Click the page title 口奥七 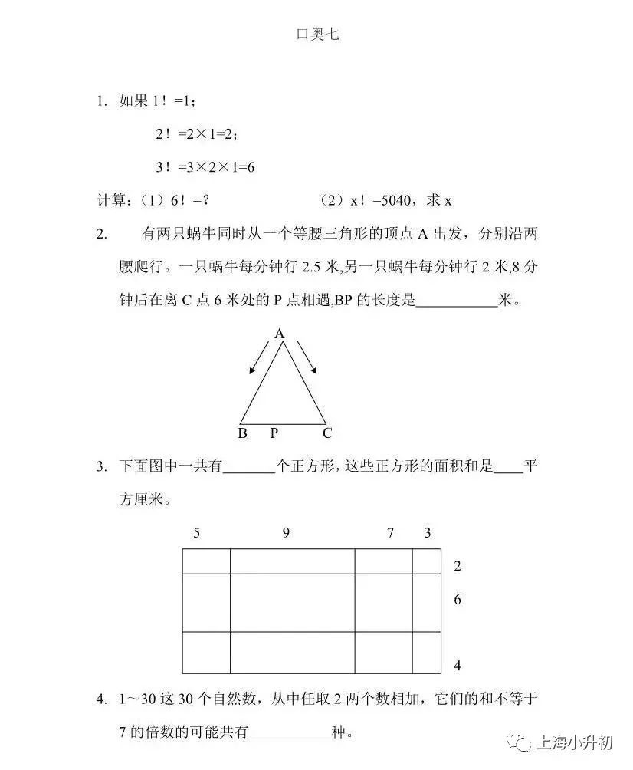click(x=316, y=34)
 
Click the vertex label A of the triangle click(x=280, y=334)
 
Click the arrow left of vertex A click(x=259, y=357)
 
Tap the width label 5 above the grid click(x=197, y=533)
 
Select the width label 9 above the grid click(x=286, y=533)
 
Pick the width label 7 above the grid click(x=389, y=533)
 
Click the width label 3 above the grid click(x=428, y=533)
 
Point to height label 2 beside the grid click(x=458, y=567)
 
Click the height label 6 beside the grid click(x=458, y=600)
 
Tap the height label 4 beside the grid click(x=458, y=665)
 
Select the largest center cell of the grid click(x=292, y=603)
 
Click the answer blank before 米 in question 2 click(x=457, y=301)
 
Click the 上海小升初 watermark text click(x=573, y=742)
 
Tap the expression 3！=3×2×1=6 click(x=205, y=166)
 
